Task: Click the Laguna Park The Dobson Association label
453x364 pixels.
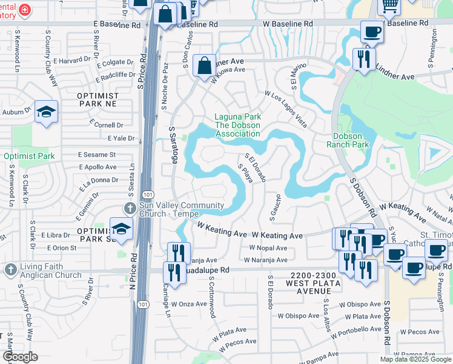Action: pos(237,125)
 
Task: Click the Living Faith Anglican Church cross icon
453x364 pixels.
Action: pos(10,269)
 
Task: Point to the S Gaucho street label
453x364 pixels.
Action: pos(279,207)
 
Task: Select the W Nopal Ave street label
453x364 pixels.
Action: pos(268,248)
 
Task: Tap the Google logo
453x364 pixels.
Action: pos(20,357)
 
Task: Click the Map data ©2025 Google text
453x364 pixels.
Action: pos(415,359)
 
